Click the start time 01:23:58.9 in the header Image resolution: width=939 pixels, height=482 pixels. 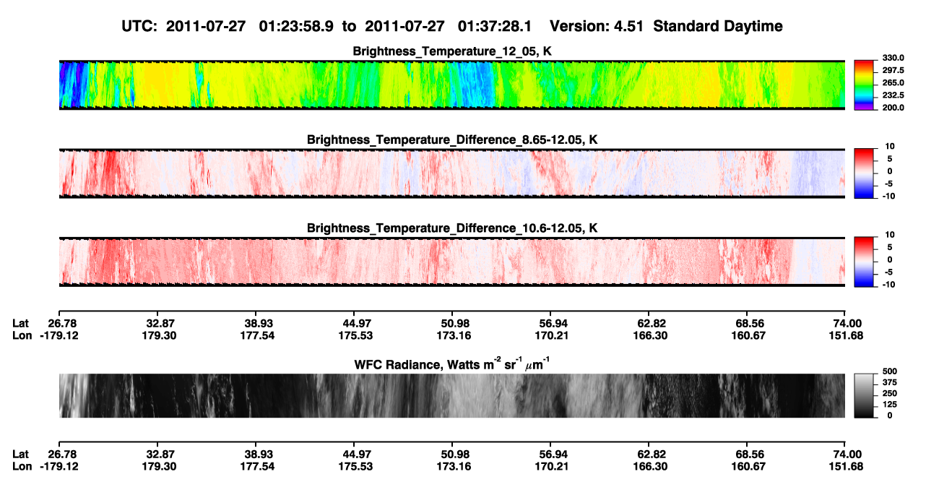coord(296,27)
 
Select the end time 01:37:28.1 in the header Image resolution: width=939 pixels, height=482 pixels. coord(495,27)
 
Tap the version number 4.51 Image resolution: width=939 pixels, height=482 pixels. coord(628,27)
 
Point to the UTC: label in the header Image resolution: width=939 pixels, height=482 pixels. coord(139,27)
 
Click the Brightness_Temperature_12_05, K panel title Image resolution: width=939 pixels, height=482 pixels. coord(452,51)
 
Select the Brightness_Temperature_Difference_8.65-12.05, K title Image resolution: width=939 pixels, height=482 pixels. coord(452,139)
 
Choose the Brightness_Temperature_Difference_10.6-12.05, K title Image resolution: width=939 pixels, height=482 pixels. coord(452,228)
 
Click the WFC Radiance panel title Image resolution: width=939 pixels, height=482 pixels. coord(452,364)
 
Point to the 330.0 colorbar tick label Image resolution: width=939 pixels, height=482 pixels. coord(893,58)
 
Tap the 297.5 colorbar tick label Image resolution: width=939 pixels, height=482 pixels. coord(893,70)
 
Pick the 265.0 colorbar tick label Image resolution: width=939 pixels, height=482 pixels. coord(893,82)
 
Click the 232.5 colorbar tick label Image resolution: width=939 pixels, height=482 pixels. coord(893,95)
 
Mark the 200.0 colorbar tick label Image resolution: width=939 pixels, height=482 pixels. coord(893,108)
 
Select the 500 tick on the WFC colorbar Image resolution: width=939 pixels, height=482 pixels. coord(890,371)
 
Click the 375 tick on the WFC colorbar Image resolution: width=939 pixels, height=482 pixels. coord(890,382)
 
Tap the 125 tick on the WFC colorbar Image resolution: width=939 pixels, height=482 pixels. coord(890,405)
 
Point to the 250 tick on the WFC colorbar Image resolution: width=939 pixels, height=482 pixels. coord(890,394)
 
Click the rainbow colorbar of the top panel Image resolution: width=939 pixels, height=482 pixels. coord(864,85)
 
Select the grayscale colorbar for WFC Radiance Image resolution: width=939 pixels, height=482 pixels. coord(864,395)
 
